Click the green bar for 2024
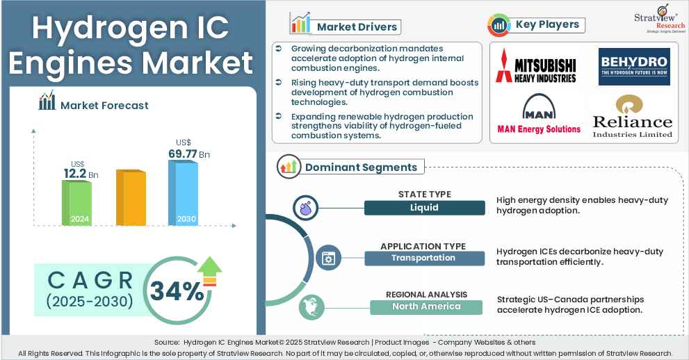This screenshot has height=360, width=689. tap(76, 203)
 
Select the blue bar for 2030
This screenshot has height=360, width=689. tap(183, 193)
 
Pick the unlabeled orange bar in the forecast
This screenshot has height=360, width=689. tap(131, 197)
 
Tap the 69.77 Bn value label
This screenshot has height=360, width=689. tap(189, 154)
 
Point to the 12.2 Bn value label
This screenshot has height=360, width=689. tap(81, 174)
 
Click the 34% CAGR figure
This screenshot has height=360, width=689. tap(177, 291)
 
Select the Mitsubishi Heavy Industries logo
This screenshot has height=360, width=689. tap(536, 66)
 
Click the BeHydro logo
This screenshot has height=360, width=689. tap(634, 67)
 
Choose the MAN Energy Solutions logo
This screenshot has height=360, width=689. tap(539, 114)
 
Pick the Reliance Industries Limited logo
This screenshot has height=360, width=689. tap(632, 117)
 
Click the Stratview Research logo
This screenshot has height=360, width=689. tap(659, 19)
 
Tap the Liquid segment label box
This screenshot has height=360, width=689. tap(425, 208)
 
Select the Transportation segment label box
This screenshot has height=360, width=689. tap(425, 258)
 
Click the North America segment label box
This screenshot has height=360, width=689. tap(425, 307)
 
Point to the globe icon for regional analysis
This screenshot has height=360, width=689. tap(311, 307)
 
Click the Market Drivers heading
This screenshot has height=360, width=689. tap(357, 27)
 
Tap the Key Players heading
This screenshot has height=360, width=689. tap(547, 24)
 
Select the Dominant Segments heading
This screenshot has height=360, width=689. tap(361, 167)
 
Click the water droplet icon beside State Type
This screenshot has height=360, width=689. tap(305, 208)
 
